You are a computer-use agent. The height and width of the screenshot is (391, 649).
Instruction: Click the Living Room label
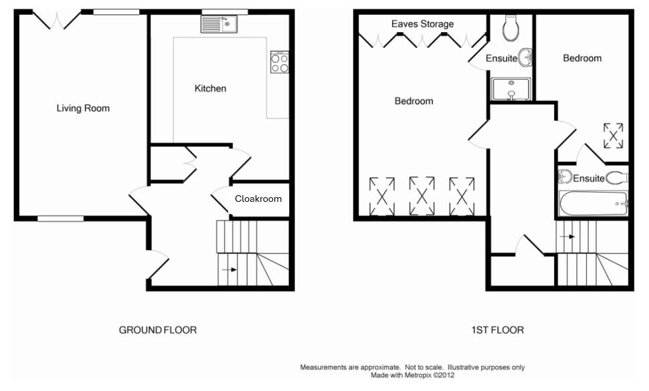(x=83, y=108)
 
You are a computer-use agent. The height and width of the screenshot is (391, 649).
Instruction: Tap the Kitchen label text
(x=210, y=88)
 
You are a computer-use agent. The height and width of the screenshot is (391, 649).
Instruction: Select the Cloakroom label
(x=258, y=199)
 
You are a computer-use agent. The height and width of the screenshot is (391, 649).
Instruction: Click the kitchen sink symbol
(x=218, y=25)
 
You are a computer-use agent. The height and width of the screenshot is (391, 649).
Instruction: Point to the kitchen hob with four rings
(x=280, y=62)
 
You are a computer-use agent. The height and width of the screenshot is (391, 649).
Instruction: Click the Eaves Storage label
(x=422, y=24)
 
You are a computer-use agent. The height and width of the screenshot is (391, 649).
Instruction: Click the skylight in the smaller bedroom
(x=613, y=136)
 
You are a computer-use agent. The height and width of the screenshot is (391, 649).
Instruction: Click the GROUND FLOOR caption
(x=158, y=330)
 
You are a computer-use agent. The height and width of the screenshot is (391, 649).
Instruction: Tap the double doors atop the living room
(x=58, y=19)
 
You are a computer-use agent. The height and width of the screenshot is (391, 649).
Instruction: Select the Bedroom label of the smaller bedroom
(x=581, y=58)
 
